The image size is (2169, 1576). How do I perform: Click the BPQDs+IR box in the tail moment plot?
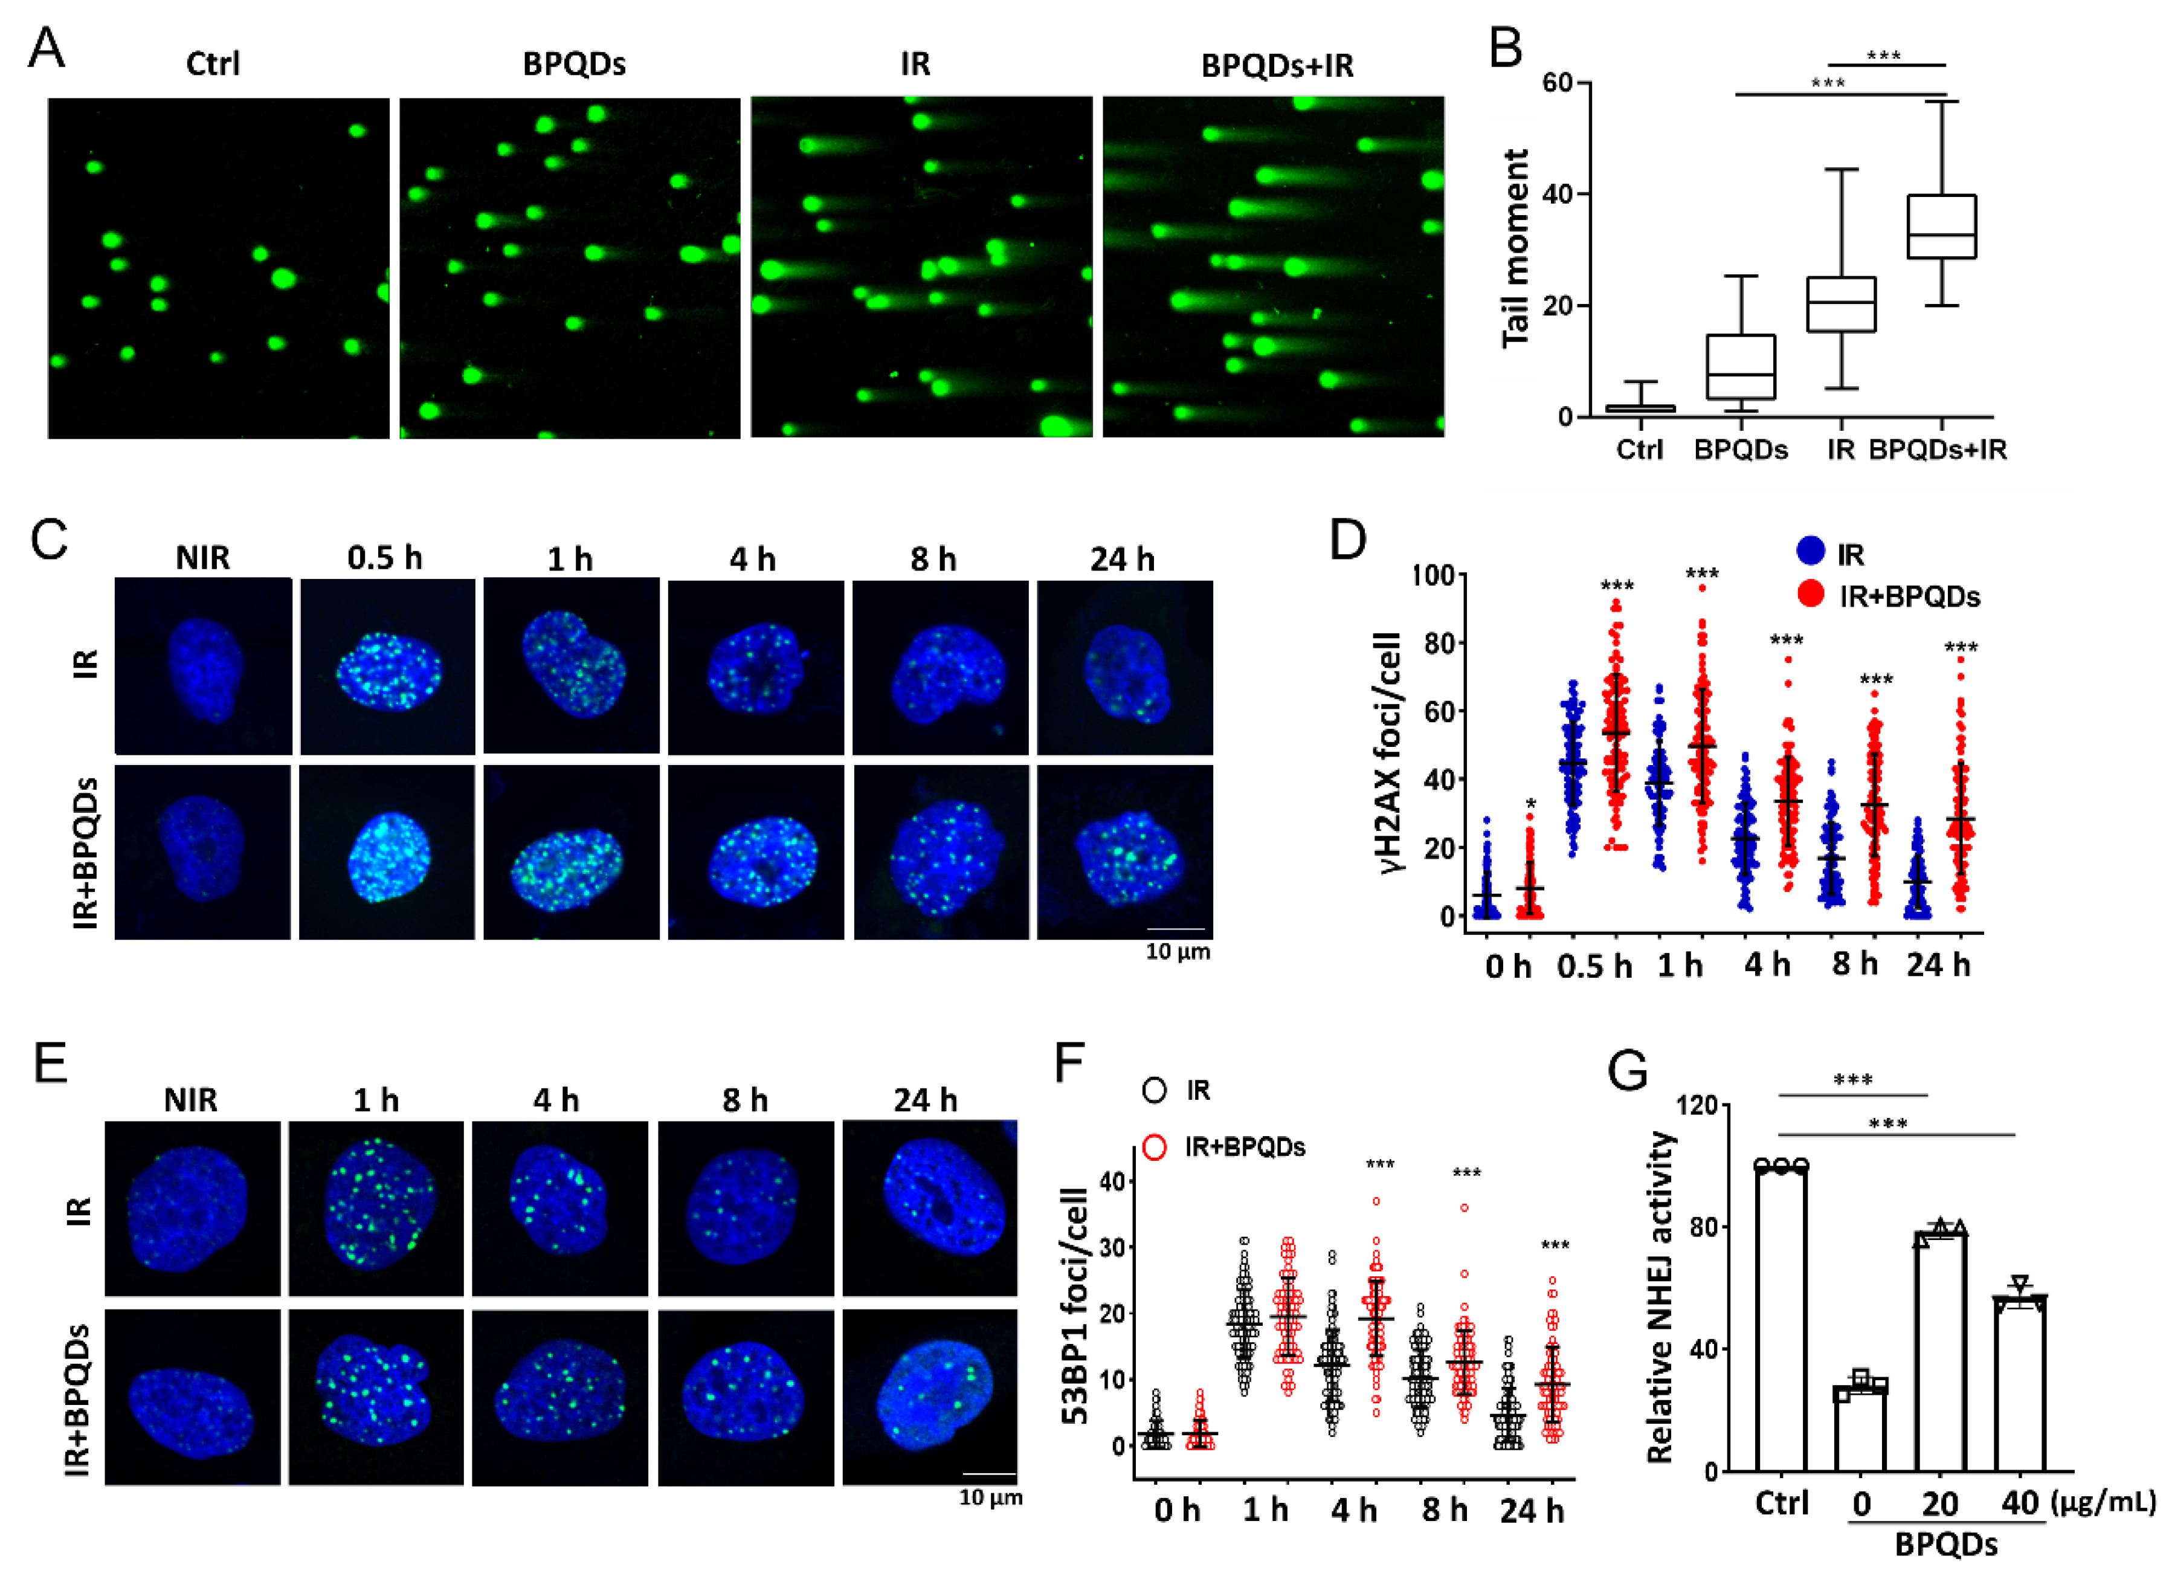click(x=1941, y=227)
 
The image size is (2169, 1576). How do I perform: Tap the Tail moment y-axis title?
click(x=1516, y=248)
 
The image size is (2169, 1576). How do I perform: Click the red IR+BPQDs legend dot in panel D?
click(x=1810, y=594)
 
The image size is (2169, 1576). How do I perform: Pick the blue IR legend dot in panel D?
click(x=1810, y=552)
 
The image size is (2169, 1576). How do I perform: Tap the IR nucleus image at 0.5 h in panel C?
click(x=387, y=667)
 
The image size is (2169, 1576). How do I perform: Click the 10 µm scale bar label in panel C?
click(x=1178, y=952)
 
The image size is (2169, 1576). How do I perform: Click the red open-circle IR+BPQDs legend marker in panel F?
click(x=1155, y=1146)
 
